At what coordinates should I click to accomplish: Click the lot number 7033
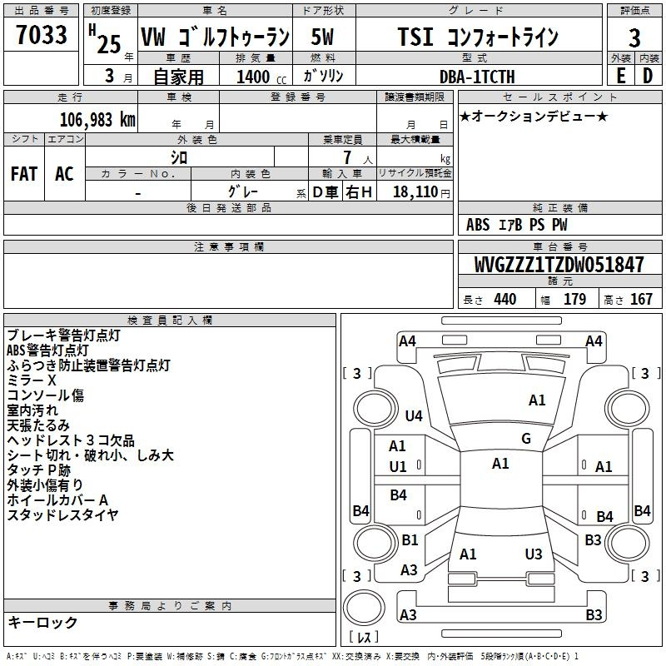(42, 34)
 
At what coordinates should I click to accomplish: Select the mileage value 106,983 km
(97, 120)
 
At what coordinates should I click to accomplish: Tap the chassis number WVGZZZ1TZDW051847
(559, 265)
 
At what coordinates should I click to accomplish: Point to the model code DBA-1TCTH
(477, 77)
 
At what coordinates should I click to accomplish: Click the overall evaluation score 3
(634, 37)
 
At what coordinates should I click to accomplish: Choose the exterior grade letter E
(621, 76)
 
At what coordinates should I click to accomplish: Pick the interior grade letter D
(648, 76)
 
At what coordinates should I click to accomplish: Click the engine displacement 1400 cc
(261, 77)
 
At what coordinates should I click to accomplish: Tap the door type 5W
(322, 37)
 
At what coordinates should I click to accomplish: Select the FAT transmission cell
(24, 174)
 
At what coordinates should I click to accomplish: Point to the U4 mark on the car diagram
(414, 415)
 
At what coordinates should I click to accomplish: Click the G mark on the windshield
(526, 439)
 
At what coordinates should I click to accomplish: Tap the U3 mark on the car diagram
(534, 554)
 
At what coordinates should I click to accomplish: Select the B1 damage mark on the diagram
(410, 539)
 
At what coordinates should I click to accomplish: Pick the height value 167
(641, 299)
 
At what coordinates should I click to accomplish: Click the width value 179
(574, 299)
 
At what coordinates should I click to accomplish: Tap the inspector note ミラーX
(32, 380)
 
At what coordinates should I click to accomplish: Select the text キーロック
(42, 622)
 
